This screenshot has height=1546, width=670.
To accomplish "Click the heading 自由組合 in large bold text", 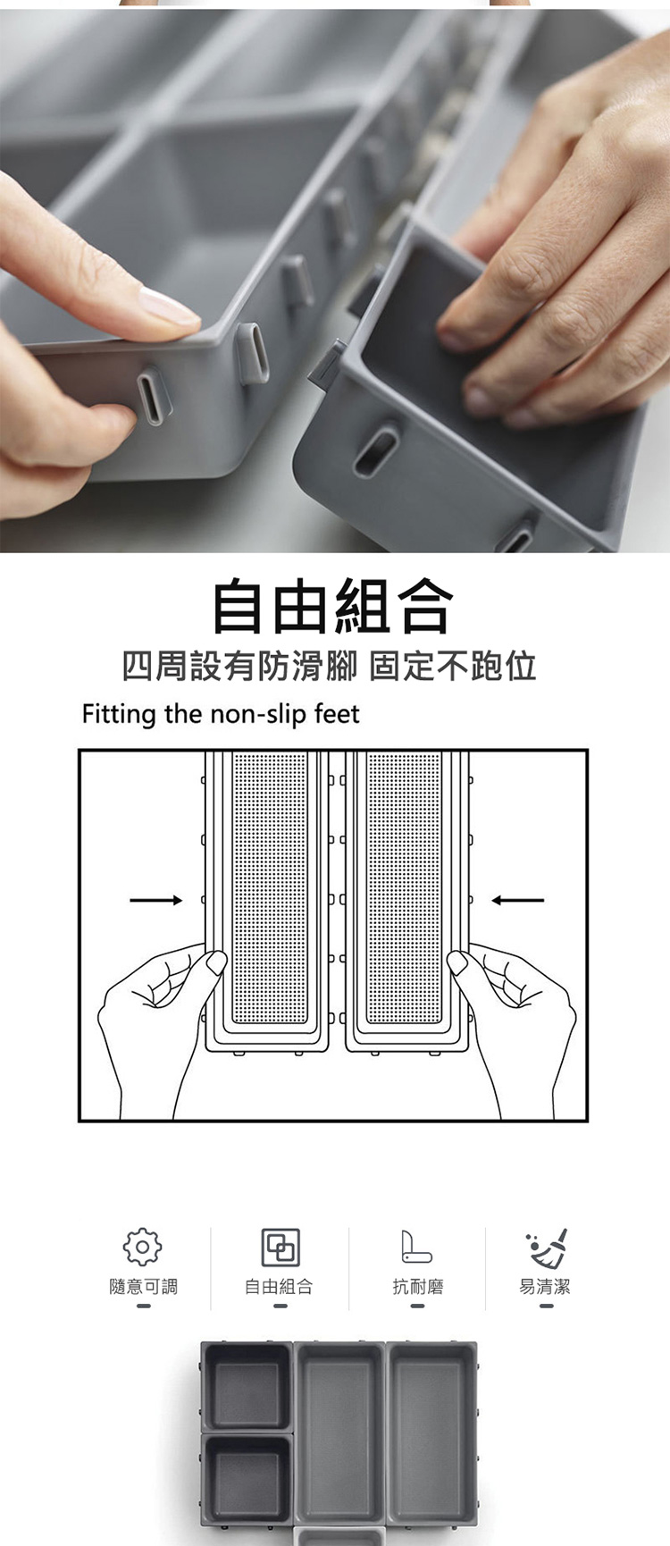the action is [x=332, y=608].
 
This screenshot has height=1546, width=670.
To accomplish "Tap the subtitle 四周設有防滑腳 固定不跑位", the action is [x=330, y=667].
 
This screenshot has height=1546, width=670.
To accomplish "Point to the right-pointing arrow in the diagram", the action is [x=156, y=900].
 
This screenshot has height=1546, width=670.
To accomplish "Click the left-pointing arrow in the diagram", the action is [x=518, y=900].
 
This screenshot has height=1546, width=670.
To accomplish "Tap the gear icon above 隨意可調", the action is [x=142, y=1247].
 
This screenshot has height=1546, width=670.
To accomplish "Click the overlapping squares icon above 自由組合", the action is [x=280, y=1247].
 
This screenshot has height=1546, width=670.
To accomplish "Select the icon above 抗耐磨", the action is [x=416, y=1247].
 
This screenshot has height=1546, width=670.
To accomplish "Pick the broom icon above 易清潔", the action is [x=548, y=1248].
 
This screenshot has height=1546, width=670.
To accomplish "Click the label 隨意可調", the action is [x=143, y=1287].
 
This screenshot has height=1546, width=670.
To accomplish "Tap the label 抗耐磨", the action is [x=417, y=1287].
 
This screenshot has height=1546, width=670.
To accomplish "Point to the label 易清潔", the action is [x=545, y=1287].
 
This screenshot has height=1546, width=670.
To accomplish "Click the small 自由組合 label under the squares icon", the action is [x=280, y=1287].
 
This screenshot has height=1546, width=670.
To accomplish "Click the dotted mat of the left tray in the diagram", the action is [x=270, y=887].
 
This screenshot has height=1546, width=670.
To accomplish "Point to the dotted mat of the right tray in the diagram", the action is [x=405, y=887].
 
